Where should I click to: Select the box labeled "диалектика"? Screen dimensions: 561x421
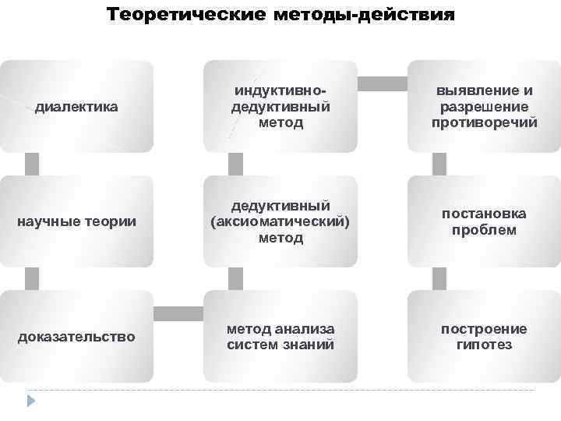click(x=76, y=107)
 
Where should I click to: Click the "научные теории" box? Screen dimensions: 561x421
click(x=76, y=221)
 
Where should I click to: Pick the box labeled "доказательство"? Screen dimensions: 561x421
click(x=76, y=336)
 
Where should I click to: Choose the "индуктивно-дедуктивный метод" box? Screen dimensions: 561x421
click(x=280, y=107)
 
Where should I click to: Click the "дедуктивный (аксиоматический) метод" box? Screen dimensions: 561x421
click(x=280, y=221)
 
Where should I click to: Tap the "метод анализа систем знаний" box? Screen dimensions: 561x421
click(x=280, y=336)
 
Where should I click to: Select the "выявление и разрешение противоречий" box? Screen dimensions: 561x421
click(x=484, y=107)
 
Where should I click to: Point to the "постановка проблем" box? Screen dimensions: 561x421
click(x=484, y=221)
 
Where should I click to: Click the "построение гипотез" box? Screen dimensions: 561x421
click(x=484, y=336)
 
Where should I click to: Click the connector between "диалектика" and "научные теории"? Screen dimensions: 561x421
click(x=32, y=164)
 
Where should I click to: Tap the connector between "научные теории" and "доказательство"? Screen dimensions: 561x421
click(x=32, y=278)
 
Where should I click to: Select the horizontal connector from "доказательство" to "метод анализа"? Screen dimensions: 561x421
click(x=178, y=313)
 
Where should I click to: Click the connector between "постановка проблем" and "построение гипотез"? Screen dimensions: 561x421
click(x=439, y=278)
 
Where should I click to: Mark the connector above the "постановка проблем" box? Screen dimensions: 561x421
click(x=439, y=164)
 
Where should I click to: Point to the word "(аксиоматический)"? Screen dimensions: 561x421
click(x=280, y=221)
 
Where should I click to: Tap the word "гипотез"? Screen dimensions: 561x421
click(x=484, y=345)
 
